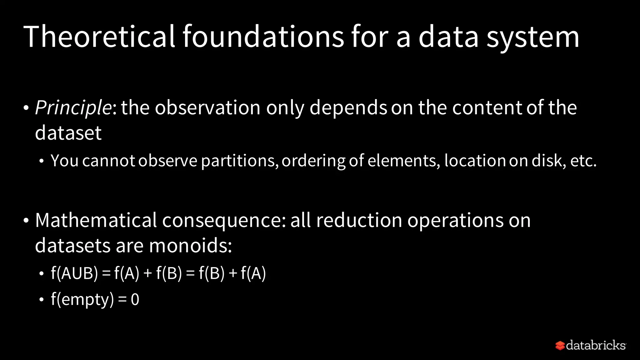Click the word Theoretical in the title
tap(99, 37)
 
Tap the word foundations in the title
tap(263, 37)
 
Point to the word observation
tap(207, 107)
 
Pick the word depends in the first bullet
tap(348, 108)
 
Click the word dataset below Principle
tap(68, 133)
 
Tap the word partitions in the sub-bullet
tap(239, 161)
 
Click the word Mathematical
tap(96, 220)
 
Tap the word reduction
tap(359, 220)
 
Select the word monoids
tap(190, 246)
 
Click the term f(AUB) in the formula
tap(74, 273)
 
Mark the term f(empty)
tap(82, 300)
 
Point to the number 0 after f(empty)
tap(135, 300)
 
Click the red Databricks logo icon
tap(560, 346)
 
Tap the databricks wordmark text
tap(596, 345)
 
